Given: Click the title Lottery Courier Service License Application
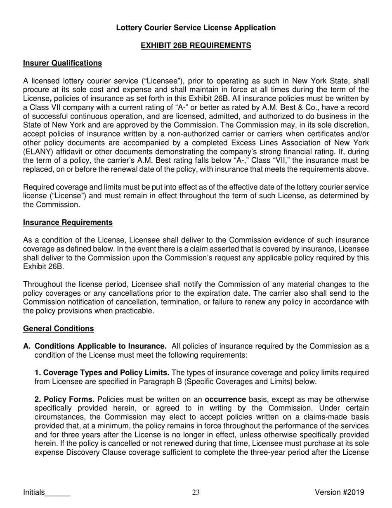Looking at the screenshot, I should point(196,28).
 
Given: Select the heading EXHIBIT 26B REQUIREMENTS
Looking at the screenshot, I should point(196,45).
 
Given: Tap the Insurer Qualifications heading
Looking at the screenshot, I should point(62,63).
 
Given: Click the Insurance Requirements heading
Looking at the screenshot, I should point(68,223).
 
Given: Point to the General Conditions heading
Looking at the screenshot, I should point(58,328).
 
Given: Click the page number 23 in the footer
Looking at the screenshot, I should point(196,492).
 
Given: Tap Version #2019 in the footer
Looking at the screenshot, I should point(339,492).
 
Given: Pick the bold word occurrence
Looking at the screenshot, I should point(225,399).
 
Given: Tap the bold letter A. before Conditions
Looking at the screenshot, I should point(27,346).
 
